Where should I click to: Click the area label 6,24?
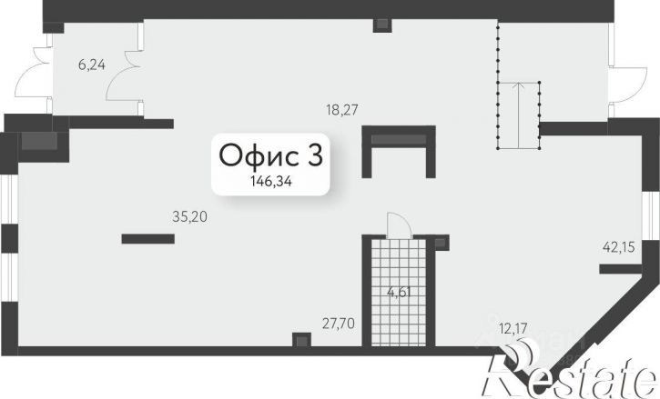92,65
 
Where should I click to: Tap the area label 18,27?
341,110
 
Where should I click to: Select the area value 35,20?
190,217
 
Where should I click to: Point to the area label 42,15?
618,247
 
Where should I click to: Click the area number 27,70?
339,324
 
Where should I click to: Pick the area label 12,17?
513,328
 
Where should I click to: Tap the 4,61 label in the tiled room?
399,292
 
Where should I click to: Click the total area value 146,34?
271,182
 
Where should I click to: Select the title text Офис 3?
270,155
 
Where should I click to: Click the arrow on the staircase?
520,115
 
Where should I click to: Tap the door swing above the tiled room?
399,225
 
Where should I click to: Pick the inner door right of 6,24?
124,75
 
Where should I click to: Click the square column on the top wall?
382,25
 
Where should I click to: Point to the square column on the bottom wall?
301,340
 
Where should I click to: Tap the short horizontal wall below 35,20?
148,239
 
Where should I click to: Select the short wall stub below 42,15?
621,269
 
